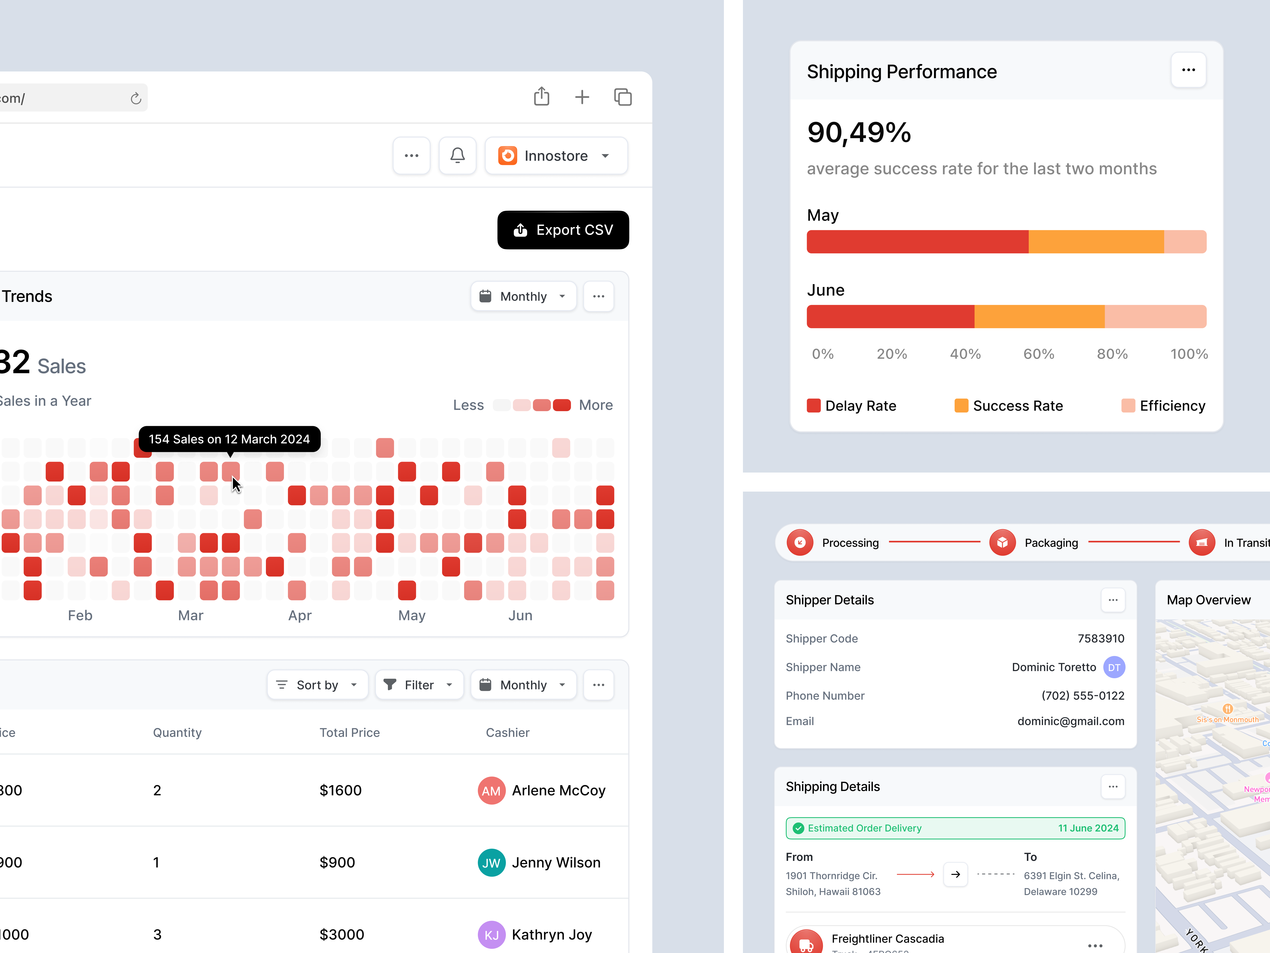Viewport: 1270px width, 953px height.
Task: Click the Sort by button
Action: pos(317,685)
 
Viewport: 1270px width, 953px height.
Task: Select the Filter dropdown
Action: pos(419,685)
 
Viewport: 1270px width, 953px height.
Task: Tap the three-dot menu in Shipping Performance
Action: pos(1188,70)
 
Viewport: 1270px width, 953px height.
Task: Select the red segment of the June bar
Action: pos(890,317)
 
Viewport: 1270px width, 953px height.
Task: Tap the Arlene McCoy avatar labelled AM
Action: pos(491,790)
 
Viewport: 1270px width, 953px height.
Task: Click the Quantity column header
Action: pos(177,732)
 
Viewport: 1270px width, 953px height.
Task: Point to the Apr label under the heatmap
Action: pos(300,615)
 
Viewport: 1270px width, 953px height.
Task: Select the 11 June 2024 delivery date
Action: pos(1088,828)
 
